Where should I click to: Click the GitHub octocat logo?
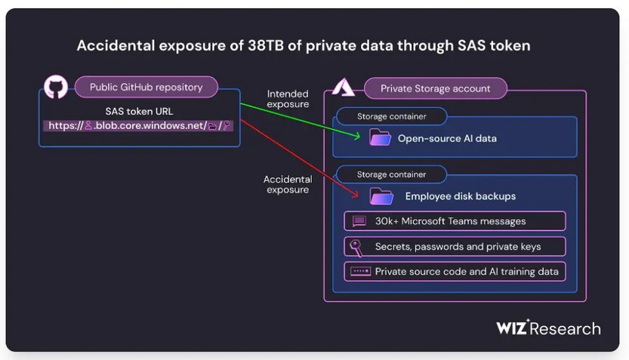(x=56, y=87)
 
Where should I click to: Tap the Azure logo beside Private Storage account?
(x=344, y=87)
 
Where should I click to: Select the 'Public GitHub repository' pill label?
(x=146, y=87)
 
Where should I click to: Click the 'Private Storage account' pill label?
(x=435, y=88)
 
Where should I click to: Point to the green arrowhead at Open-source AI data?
(x=357, y=136)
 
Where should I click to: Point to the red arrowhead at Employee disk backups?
(x=355, y=195)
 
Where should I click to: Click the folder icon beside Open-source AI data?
(x=380, y=137)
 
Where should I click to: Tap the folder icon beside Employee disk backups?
(x=381, y=196)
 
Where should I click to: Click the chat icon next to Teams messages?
(x=359, y=221)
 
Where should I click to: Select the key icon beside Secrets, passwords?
(x=356, y=248)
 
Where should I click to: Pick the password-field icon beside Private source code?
(x=360, y=272)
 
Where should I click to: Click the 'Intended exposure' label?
(x=288, y=99)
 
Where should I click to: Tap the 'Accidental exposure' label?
(x=288, y=184)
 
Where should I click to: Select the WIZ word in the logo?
(x=512, y=328)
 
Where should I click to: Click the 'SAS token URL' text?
(x=139, y=111)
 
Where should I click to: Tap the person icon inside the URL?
(x=88, y=126)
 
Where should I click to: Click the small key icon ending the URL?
(x=227, y=125)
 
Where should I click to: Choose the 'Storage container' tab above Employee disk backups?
(x=391, y=174)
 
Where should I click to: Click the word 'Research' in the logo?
(x=566, y=329)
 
